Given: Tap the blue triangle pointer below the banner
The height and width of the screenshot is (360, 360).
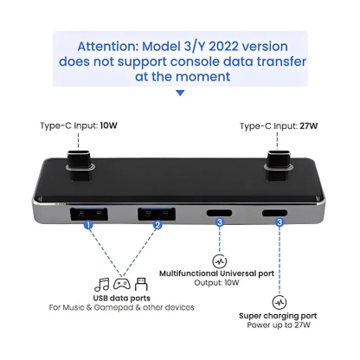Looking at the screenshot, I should click(179, 93).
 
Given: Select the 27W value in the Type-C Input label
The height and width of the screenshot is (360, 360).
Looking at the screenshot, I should click(310, 126).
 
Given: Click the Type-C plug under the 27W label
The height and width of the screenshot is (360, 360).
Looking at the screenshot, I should click(280, 162).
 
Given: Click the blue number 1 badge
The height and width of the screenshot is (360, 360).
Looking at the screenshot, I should click(87, 225).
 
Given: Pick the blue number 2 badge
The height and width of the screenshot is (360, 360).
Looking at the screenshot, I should click(157, 225).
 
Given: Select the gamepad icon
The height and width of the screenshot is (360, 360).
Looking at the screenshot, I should click(121, 283).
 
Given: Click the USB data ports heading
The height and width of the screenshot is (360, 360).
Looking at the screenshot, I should click(120, 298).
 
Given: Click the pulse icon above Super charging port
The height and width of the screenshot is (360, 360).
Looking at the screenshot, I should click(279, 302).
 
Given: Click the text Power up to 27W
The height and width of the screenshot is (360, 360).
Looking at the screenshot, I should click(279, 327).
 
